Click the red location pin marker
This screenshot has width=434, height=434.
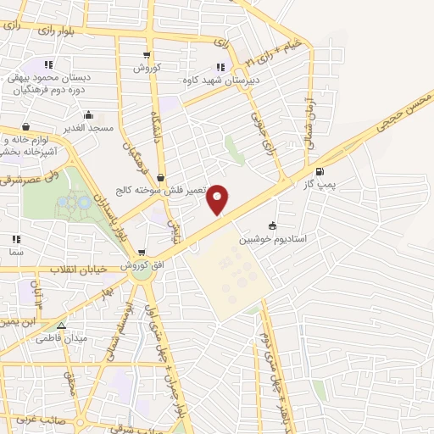219,199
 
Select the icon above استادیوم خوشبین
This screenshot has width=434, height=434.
272,225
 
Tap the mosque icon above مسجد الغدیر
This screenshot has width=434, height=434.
87,114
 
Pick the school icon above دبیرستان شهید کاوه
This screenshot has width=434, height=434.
220,67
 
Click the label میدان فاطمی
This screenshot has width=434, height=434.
61,338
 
